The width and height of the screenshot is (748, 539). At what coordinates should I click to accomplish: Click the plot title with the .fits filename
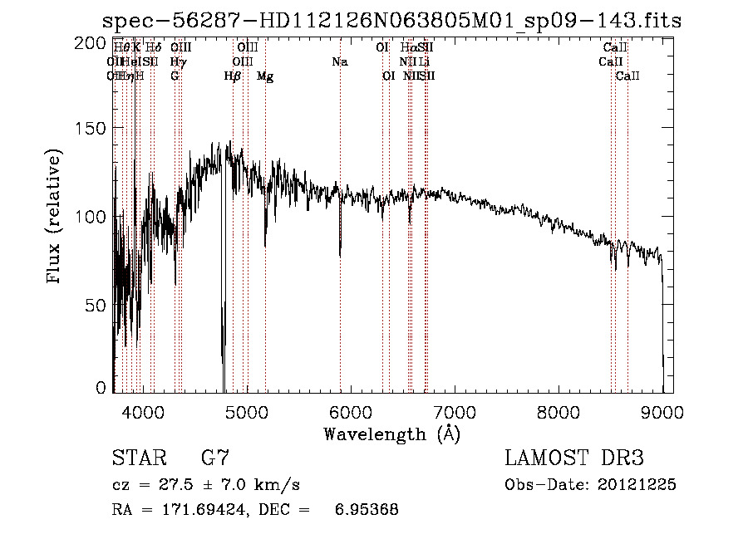(391, 21)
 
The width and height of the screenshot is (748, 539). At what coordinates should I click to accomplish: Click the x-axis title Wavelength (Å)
(391, 434)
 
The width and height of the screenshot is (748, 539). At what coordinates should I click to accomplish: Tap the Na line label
(339, 62)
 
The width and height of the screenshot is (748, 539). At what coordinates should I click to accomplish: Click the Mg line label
(265, 76)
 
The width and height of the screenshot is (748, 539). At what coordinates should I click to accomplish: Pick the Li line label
(424, 62)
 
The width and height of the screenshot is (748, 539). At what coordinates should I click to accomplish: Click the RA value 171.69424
(200, 510)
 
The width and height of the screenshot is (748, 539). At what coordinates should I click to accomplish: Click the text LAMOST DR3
(573, 458)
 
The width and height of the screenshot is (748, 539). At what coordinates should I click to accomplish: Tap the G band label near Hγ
(175, 76)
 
